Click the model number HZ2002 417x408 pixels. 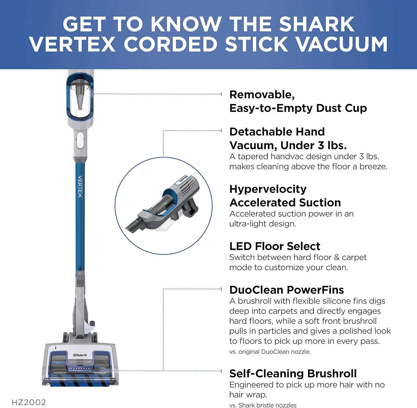click(29, 402)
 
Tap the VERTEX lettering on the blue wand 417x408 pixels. click(80, 186)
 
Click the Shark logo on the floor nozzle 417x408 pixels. click(80, 355)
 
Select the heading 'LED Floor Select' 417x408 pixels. click(275, 246)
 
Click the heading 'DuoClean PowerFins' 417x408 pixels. click(287, 290)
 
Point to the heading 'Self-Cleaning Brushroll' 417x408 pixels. click(293, 374)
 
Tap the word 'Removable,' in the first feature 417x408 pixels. click(262, 95)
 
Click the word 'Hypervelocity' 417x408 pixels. click(268, 189)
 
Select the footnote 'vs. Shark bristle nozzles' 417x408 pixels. click(263, 405)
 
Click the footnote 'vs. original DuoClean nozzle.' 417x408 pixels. click(270, 352)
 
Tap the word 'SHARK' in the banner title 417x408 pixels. click(317, 24)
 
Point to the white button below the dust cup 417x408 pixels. click(80, 140)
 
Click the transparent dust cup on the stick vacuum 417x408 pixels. click(80, 99)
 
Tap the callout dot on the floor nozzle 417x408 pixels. click(103, 370)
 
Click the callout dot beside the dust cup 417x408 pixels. click(93, 94)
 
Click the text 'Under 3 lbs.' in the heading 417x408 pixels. click(313, 145)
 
